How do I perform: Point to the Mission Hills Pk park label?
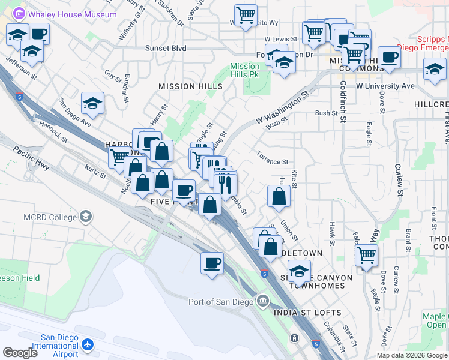click(245, 70)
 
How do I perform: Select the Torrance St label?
click(273, 162)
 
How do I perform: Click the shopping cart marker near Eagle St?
click(366, 255)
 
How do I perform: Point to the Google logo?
click(20, 353)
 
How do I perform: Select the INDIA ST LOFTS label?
click(307, 313)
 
